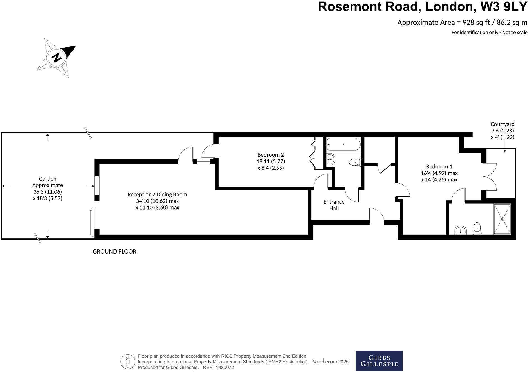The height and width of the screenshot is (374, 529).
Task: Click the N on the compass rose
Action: coord(57,58)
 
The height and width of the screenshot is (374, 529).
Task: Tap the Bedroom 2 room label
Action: coord(270,155)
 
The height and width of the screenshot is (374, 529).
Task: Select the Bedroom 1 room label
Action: coord(439,166)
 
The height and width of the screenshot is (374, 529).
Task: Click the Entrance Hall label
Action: coord(334,205)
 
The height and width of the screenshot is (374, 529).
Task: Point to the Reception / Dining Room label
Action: coord(157,195)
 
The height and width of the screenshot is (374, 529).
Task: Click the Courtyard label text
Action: coord(502,124)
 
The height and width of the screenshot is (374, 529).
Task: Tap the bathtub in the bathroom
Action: coord(344,144)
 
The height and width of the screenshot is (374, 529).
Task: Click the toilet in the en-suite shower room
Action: coord(477,228)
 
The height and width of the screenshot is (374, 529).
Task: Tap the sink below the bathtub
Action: coord(330,159)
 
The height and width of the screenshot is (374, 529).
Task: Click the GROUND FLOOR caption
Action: coord(114,252)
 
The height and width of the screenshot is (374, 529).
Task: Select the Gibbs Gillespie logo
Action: coord(379,361)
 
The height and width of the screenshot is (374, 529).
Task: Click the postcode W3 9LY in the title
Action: coord(504,7)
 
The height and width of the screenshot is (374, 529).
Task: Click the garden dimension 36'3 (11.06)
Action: coord(47,192)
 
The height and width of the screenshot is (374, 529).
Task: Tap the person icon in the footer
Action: coord(128,362)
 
